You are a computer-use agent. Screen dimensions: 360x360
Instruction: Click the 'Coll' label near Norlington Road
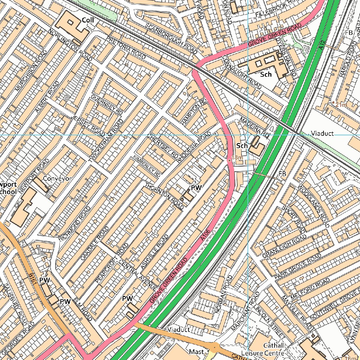pos(88,20)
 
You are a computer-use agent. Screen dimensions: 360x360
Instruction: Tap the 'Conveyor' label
pos(57,179)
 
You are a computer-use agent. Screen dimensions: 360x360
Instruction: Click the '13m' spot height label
pos(238,158)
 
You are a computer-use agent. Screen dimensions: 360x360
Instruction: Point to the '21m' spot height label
pos(341,104)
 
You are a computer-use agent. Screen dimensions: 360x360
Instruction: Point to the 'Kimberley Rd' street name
pos(147,166)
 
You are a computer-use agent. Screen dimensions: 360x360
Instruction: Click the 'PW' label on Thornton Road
pos(196,188)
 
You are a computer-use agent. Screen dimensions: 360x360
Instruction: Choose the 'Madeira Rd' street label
pos(255,127)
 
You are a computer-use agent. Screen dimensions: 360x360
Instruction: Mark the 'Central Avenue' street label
pos(137,275)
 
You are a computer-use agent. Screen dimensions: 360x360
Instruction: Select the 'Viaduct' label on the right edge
pos(322,134)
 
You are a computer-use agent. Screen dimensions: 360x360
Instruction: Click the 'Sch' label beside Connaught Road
pos(266,75)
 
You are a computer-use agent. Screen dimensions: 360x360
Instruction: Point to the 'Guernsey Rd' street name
pos(107,104)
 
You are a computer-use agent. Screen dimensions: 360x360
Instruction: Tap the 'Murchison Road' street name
pos(31,71)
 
